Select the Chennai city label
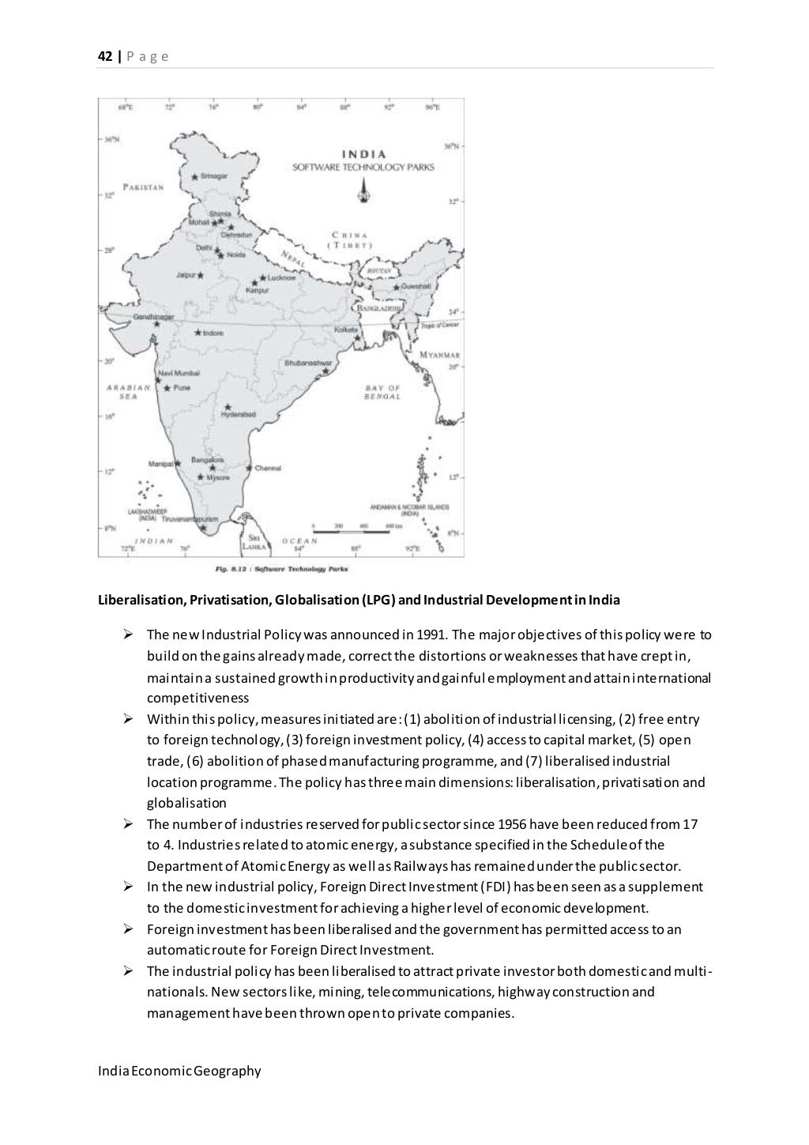(268, 468)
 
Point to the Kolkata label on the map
(346, 329)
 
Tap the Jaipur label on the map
(186, 276)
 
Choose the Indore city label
(213, 333)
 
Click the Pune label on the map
(182, 388)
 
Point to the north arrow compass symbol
(363, 190)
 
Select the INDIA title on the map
(363, 154)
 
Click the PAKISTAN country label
(143, 187)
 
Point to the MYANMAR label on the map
(440, 356)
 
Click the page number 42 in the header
(103, 57)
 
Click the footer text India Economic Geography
(179, 1072)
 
